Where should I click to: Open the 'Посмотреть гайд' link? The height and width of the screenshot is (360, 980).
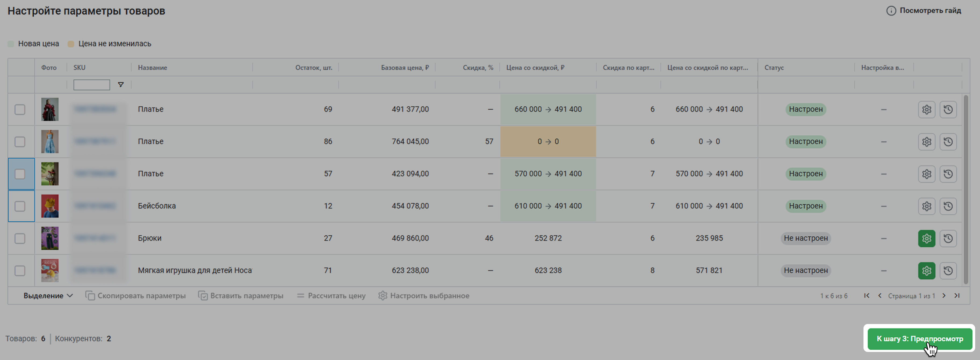coord(924,11)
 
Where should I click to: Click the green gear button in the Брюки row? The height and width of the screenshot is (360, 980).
coord(926,239)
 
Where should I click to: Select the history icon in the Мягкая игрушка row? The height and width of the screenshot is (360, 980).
coord(948,271)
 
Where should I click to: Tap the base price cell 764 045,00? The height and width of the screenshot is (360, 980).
coord(410,142)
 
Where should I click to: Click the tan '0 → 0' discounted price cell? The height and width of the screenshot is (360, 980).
coord(548,142)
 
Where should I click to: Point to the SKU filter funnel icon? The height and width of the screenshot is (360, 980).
coord(121,84)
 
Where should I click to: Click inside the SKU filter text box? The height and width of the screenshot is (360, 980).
coord(92,84)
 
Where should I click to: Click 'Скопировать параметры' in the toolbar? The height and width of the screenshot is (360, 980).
coord(136,296)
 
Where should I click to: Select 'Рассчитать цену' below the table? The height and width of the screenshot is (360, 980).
coord(331,296)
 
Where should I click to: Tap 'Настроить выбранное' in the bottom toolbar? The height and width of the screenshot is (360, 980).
coord(424,296)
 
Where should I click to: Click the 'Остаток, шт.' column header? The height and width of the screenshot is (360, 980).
coord(314,68)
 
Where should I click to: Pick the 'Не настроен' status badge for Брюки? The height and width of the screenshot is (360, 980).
coord(805,238)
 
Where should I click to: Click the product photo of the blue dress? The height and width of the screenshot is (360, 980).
coord(50,142)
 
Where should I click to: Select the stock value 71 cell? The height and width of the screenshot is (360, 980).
coord(328,271)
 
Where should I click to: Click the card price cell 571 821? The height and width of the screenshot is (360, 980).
coord(709,271)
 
